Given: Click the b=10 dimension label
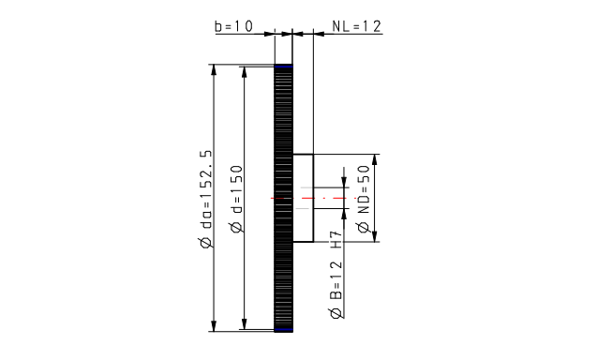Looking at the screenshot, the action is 233,26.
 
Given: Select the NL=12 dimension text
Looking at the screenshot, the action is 356,26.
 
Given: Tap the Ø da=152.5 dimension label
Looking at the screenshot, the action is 205,199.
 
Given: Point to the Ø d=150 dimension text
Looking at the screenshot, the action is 236,199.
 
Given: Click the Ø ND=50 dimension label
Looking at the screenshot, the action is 364,199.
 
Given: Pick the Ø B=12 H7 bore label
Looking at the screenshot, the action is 336,275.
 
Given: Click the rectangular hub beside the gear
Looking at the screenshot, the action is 303,198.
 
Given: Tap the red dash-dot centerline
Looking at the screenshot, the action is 314,198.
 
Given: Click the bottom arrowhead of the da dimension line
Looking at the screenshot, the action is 214,325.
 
